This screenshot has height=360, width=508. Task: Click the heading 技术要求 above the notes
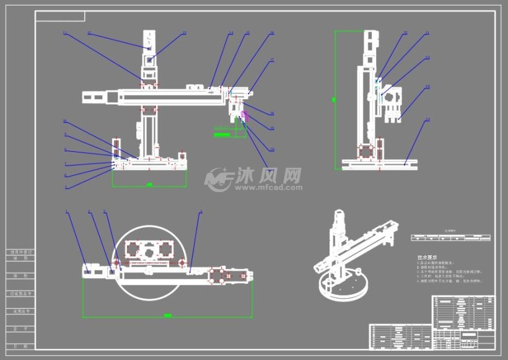[x=427, y=257]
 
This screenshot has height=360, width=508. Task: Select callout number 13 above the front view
[x=183, y=33]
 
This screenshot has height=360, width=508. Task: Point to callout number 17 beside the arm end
[x=271, y=61]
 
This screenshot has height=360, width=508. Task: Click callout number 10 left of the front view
[x=64, y=121]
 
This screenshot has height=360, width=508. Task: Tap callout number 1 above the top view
[x=66, y=212]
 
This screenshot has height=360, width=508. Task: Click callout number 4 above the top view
[x=201, y=212]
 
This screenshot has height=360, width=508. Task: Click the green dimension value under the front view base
[x=149, y=185]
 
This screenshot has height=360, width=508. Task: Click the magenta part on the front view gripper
[x=245, y=114]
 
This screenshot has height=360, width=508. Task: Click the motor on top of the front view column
[x=150, y=43]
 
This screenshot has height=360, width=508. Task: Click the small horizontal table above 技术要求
[x=450, y=237]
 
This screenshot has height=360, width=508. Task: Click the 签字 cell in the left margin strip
[x=21, y=328]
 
